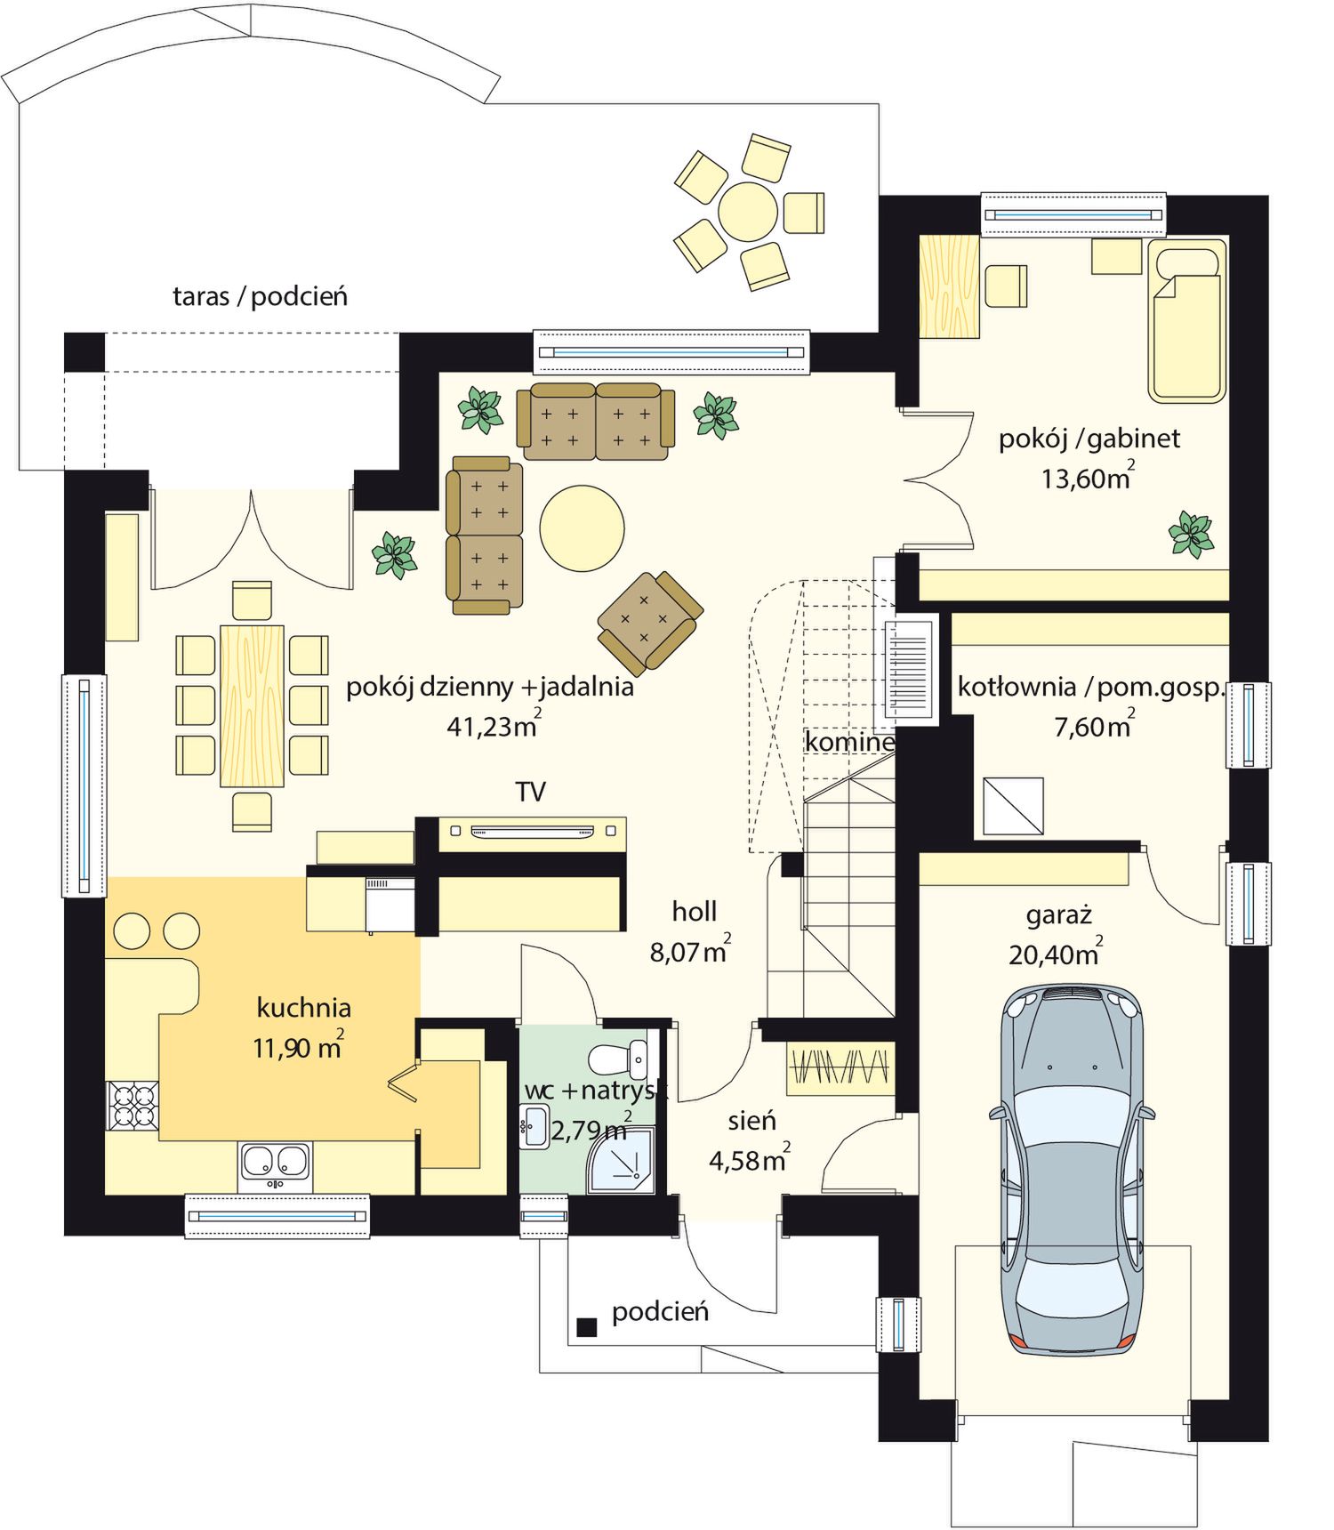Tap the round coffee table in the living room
582,527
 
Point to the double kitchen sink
275,1165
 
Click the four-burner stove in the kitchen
133,1105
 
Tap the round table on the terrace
748,212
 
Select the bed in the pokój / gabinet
1187,320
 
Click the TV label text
530,792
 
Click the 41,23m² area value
494,724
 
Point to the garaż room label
1058,915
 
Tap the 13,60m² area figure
1088,477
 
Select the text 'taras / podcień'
260,296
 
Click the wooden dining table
252,706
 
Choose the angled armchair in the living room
650,622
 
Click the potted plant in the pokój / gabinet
1191,535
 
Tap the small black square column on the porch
586,1327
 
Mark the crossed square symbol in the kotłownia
1013,806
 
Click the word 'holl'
694,911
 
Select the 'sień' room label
751,1121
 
